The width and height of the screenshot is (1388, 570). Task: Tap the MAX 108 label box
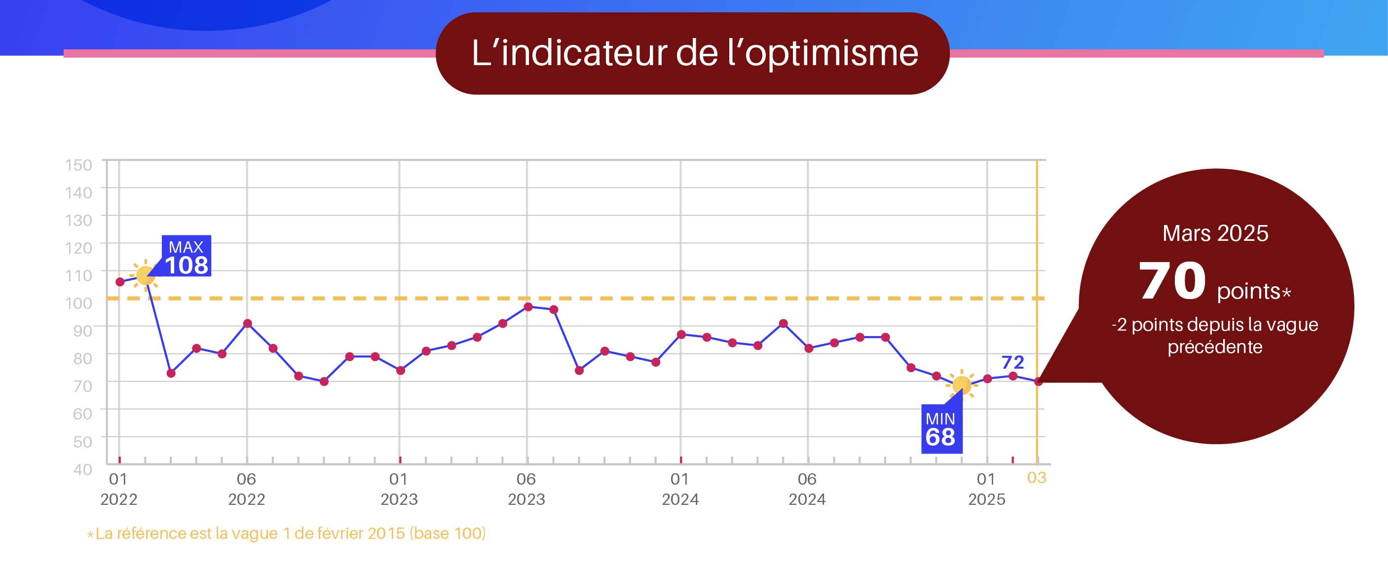pos(187,256)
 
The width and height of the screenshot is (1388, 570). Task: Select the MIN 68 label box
pos(941,429)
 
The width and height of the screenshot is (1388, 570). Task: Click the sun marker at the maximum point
pos(145,275)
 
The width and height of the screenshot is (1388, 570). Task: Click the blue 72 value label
pos(1013,362)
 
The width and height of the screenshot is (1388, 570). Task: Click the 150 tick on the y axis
pos(78,165)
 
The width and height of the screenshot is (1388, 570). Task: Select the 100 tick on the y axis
pos(78,303)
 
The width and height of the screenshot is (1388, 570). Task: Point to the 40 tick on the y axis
pos(82,469)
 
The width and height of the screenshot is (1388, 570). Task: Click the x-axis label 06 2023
pos(526,489)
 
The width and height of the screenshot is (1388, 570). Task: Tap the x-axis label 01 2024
pos(680,489)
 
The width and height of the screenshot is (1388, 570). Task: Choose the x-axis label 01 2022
pos(118,489)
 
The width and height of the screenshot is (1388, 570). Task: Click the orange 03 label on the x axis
pos(1037,478)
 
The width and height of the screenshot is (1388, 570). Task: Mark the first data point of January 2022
pos(119,282)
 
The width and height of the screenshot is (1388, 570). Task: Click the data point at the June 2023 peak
pos(528,306)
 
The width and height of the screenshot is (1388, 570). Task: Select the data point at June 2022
pos(247,323)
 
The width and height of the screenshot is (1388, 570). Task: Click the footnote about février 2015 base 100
pos(286,533)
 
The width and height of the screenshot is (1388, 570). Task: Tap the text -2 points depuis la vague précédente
pos(1215,335)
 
